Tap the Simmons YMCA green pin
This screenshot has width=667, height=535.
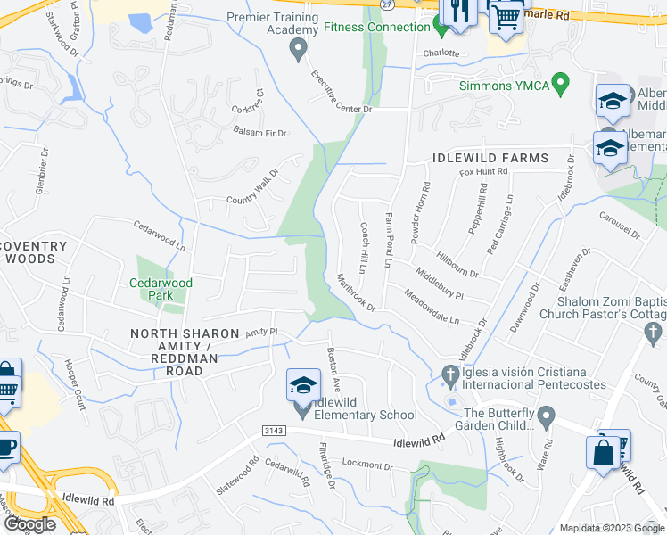tap(560, 85)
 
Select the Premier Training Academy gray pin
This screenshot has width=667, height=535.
tap(299, 50)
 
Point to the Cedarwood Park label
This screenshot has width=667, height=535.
tap(161, 289)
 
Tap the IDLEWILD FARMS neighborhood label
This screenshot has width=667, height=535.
tap(490, 158)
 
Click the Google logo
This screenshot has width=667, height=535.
tap(29, 524)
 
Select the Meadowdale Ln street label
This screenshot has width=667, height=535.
tap(432, 306)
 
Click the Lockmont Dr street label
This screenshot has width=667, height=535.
tap(366, 465)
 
